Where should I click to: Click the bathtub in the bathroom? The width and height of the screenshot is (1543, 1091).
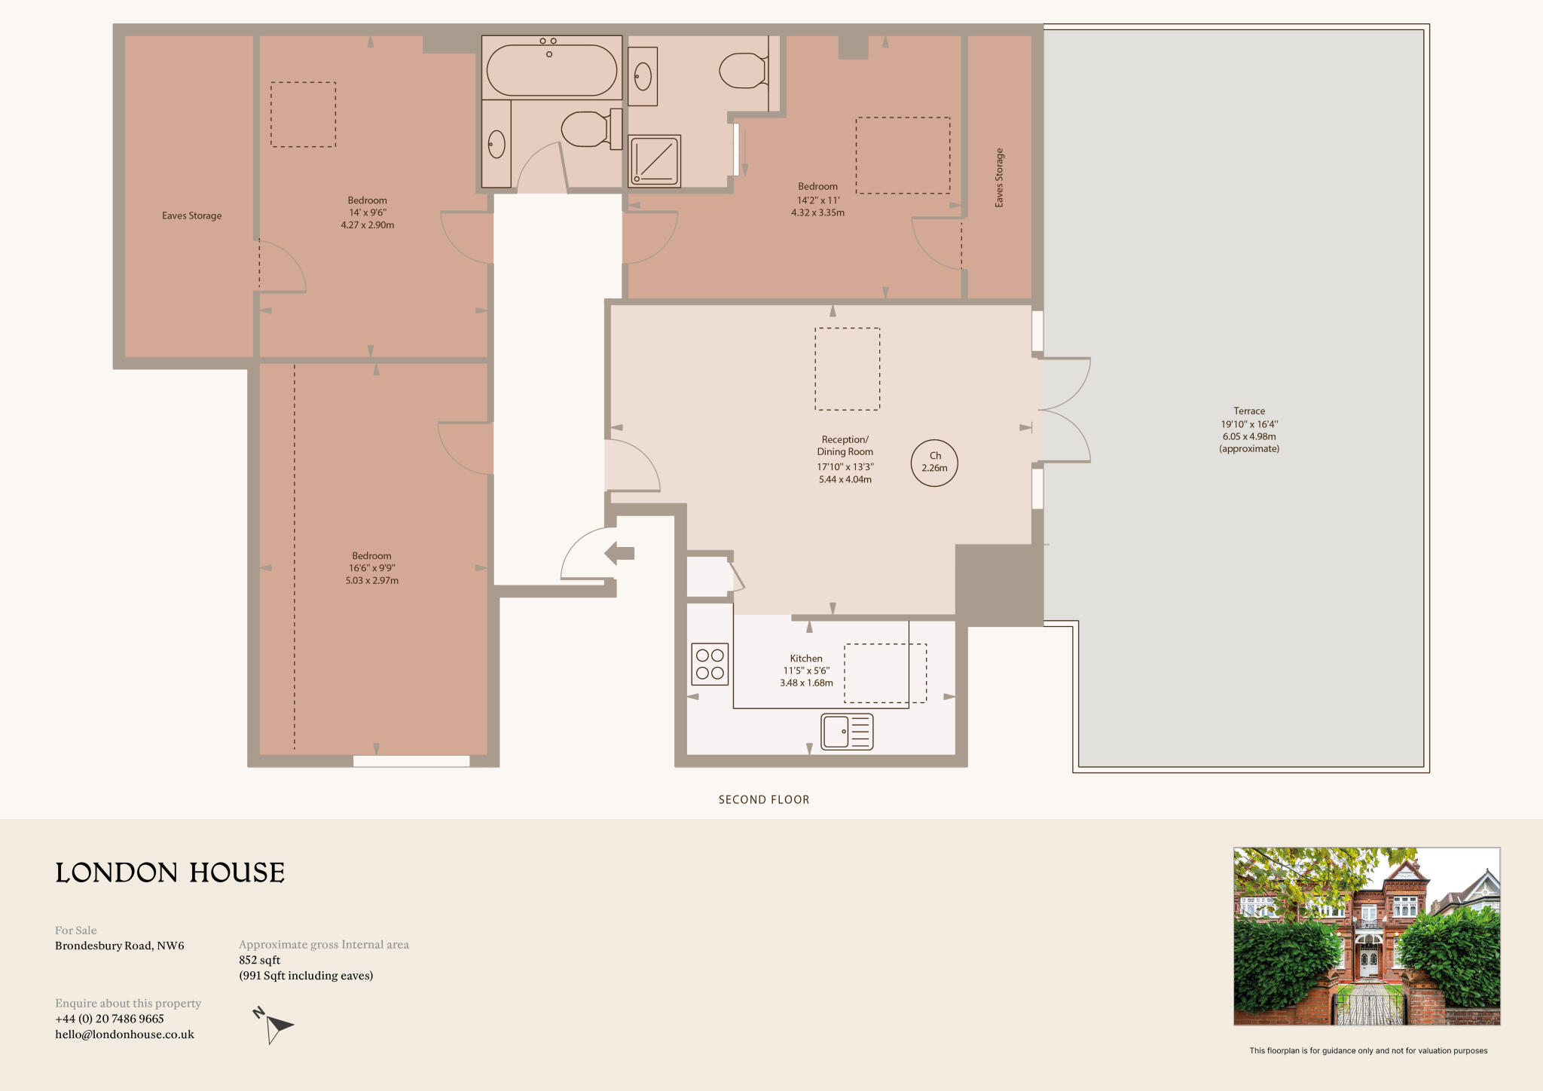pyautogui.click(x=552, y=69)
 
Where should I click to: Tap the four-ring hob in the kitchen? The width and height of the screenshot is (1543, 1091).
pyautogui.click(x=710, y=664)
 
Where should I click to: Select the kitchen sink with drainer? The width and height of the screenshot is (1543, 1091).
pyautogui.click(x=847, y=732)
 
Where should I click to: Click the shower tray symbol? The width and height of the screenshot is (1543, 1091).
pyautogui.click(x=655, y=160)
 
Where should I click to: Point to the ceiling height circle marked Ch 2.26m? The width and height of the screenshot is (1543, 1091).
pyautogui.click(x=934, y=463)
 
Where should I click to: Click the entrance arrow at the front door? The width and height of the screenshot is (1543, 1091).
pyautogui.click(x=619, y=553)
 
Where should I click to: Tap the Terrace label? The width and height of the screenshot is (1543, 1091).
pyautogui.click(x=1248, y=411)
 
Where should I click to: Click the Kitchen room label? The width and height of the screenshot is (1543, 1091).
pyautogui.click(x=806, y=659)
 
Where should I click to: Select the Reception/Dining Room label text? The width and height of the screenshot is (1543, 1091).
pyautogui.click(x=845, y=445)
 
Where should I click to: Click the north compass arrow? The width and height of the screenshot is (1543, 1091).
pyautogui.click(x=274, y=1025)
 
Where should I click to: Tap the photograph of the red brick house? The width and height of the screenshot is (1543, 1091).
pyautogui.click(x=1366, y=936)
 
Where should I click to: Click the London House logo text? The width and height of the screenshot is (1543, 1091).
pyautogui.click(x=170, y=872)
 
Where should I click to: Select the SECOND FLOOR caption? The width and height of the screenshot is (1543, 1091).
pyautogui.click(x=763, y=799)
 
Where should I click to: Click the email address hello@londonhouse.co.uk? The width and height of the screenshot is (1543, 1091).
pyautogui.click(x=124, y=1034)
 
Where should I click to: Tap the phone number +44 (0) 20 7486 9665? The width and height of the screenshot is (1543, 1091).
pyautogui.click(x=109, y=1019)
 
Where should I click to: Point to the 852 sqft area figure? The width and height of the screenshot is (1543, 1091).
pyautogui.click(x=259, y=960)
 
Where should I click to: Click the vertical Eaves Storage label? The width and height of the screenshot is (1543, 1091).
pyautogui.click(x=999, y=178)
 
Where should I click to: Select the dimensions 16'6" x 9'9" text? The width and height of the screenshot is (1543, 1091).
pyautogui.click(x=371, y=568)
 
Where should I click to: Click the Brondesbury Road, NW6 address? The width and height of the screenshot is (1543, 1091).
pyautogui.click(x=119, y=946)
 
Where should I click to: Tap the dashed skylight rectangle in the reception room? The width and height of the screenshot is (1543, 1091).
pyautogui.click(x=847, y=369)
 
